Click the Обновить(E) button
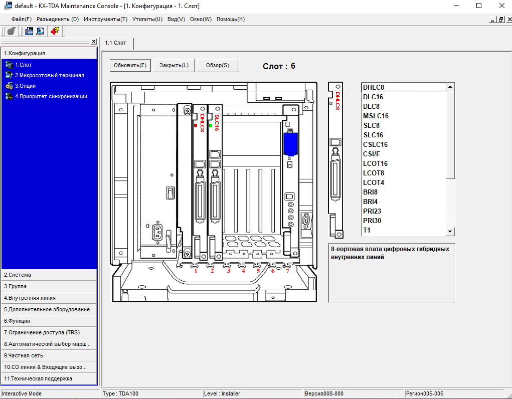pos(130,65)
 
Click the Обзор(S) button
pos(218,65)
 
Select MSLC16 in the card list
pos(376,116)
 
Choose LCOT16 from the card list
pos(375,163)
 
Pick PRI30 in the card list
pos(372,221)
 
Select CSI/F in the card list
pos(371,154)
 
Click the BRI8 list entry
pos(370,192)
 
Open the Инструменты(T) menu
pos(105,19)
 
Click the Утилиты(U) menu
pos(147,19)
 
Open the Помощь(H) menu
pos(231,19)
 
